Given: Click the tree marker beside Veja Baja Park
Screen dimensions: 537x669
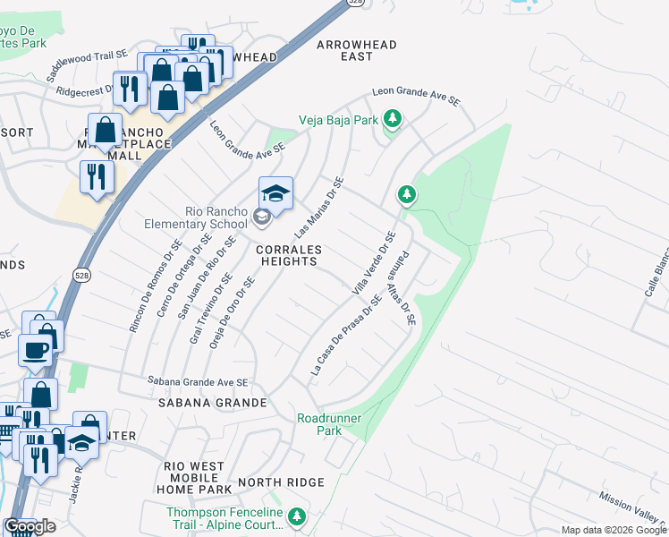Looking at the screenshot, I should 391,118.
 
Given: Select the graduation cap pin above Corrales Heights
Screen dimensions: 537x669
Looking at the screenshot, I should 275,194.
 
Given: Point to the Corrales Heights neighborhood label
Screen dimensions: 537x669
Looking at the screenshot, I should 288,255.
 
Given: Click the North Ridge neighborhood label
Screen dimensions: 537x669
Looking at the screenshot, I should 281,482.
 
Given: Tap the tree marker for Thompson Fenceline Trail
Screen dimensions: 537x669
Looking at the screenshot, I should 297,516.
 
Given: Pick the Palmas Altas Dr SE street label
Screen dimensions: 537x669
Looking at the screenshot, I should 402,292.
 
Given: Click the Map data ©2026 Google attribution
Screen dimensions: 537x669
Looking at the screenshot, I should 614,530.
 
